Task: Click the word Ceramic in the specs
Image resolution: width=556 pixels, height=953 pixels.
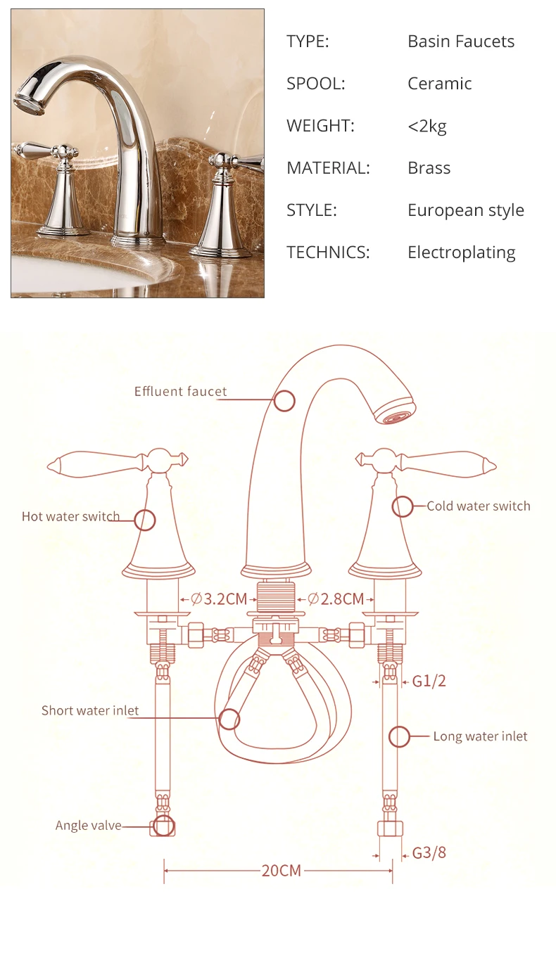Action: [439, 84]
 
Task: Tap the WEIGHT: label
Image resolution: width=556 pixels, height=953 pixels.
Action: [320, 125]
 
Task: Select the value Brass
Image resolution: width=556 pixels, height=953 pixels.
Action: [429, 167]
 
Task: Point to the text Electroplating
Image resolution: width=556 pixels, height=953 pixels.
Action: [462, 252]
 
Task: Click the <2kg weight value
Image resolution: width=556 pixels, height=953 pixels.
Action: [427, 126]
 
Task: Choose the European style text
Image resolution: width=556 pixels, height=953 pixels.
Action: [466, 210]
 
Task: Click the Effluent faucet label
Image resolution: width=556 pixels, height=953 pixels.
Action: [180, 391]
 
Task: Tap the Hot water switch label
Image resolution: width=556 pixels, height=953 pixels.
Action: [70, 516]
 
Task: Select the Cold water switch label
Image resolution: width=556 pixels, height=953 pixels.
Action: [479, 506]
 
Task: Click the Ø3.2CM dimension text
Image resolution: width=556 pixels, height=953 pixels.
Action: [219, 599]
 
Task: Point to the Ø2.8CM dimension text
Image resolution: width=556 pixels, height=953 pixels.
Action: [336, 599]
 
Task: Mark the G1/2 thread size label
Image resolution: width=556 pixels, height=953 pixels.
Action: [429, 681]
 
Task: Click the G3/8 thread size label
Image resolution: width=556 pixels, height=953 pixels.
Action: [429, 852]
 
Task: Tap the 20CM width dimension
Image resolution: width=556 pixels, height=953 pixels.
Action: [282, 871]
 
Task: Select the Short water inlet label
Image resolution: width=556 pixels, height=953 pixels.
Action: [90, 710]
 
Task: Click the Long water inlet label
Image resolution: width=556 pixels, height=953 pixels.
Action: [480, 736]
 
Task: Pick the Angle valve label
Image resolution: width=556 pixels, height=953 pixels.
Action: [89, 826]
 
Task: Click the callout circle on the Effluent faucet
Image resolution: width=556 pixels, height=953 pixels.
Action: [284, 401]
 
